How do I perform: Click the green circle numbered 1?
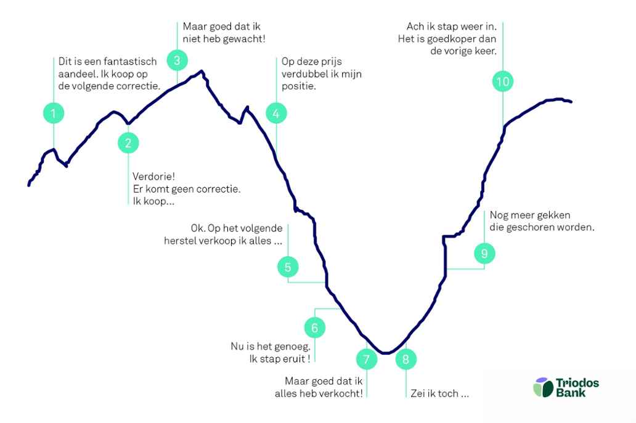[x=54, y=113]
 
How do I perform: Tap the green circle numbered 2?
[x=128, y=143]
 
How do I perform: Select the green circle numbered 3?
[x=177, y=60]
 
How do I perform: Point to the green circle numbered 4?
[x=276, y=113]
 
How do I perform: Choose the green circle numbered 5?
[x=288, y=267]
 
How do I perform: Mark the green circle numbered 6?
[x=315, y=328]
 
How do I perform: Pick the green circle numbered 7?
[x=367, y=359]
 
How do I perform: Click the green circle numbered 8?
[x=406, y=359]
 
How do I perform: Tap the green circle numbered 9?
[x=484, y=253]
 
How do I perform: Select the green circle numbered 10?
[x=503, y=81]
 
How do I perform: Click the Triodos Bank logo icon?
[x=544, y=387]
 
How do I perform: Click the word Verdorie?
[x=153, y=177]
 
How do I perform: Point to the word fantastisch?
[x=130, y=61]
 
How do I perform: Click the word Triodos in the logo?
[x=577, y=383]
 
